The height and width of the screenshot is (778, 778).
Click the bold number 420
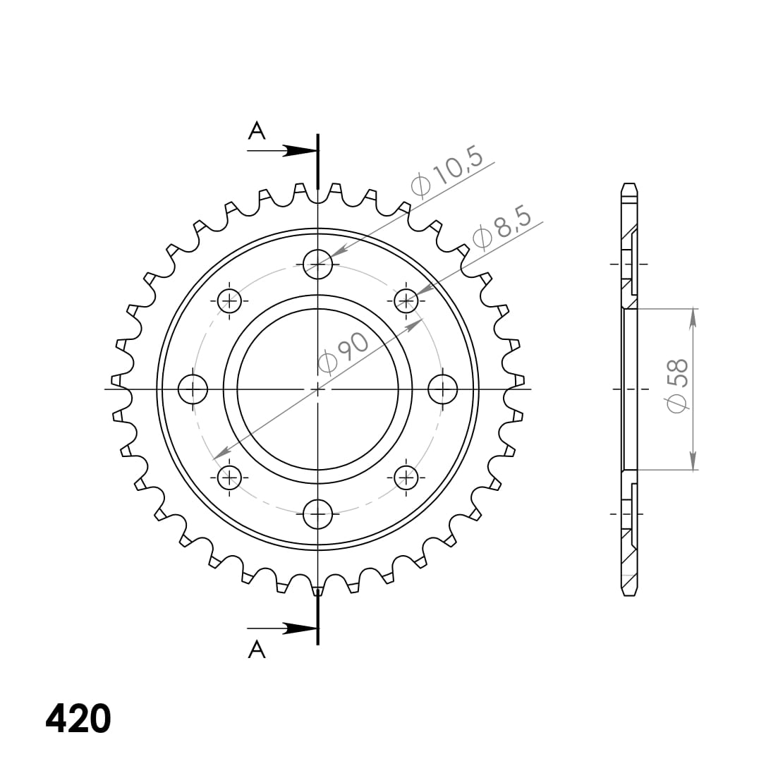(78, 719)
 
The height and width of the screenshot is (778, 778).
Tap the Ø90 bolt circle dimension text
(344, 352)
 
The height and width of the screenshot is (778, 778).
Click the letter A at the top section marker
(257, 130)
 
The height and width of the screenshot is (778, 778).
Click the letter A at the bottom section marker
(257, 650)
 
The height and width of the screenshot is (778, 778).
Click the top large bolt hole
(317, 265)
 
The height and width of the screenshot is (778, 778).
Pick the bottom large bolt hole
(317, 514)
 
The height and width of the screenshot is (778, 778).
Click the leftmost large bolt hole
(193, 389)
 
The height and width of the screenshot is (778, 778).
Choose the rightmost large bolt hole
(443, 389)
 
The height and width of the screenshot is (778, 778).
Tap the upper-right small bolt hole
(406, 301)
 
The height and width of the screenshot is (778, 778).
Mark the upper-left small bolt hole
(229, 301)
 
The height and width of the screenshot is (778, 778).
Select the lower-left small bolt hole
(229, 478)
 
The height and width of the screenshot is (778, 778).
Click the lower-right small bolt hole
(406, 478)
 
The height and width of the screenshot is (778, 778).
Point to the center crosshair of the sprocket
(317, 389)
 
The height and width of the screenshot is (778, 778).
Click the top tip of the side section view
(630, 185)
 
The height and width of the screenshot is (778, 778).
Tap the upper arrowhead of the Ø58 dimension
(693, 316)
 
